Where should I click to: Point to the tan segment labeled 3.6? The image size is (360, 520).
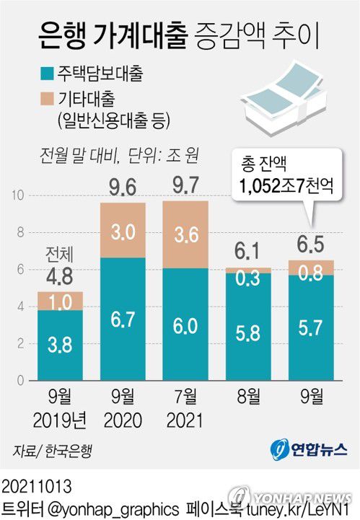(186, 235)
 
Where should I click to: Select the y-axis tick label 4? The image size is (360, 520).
(22, 306)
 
